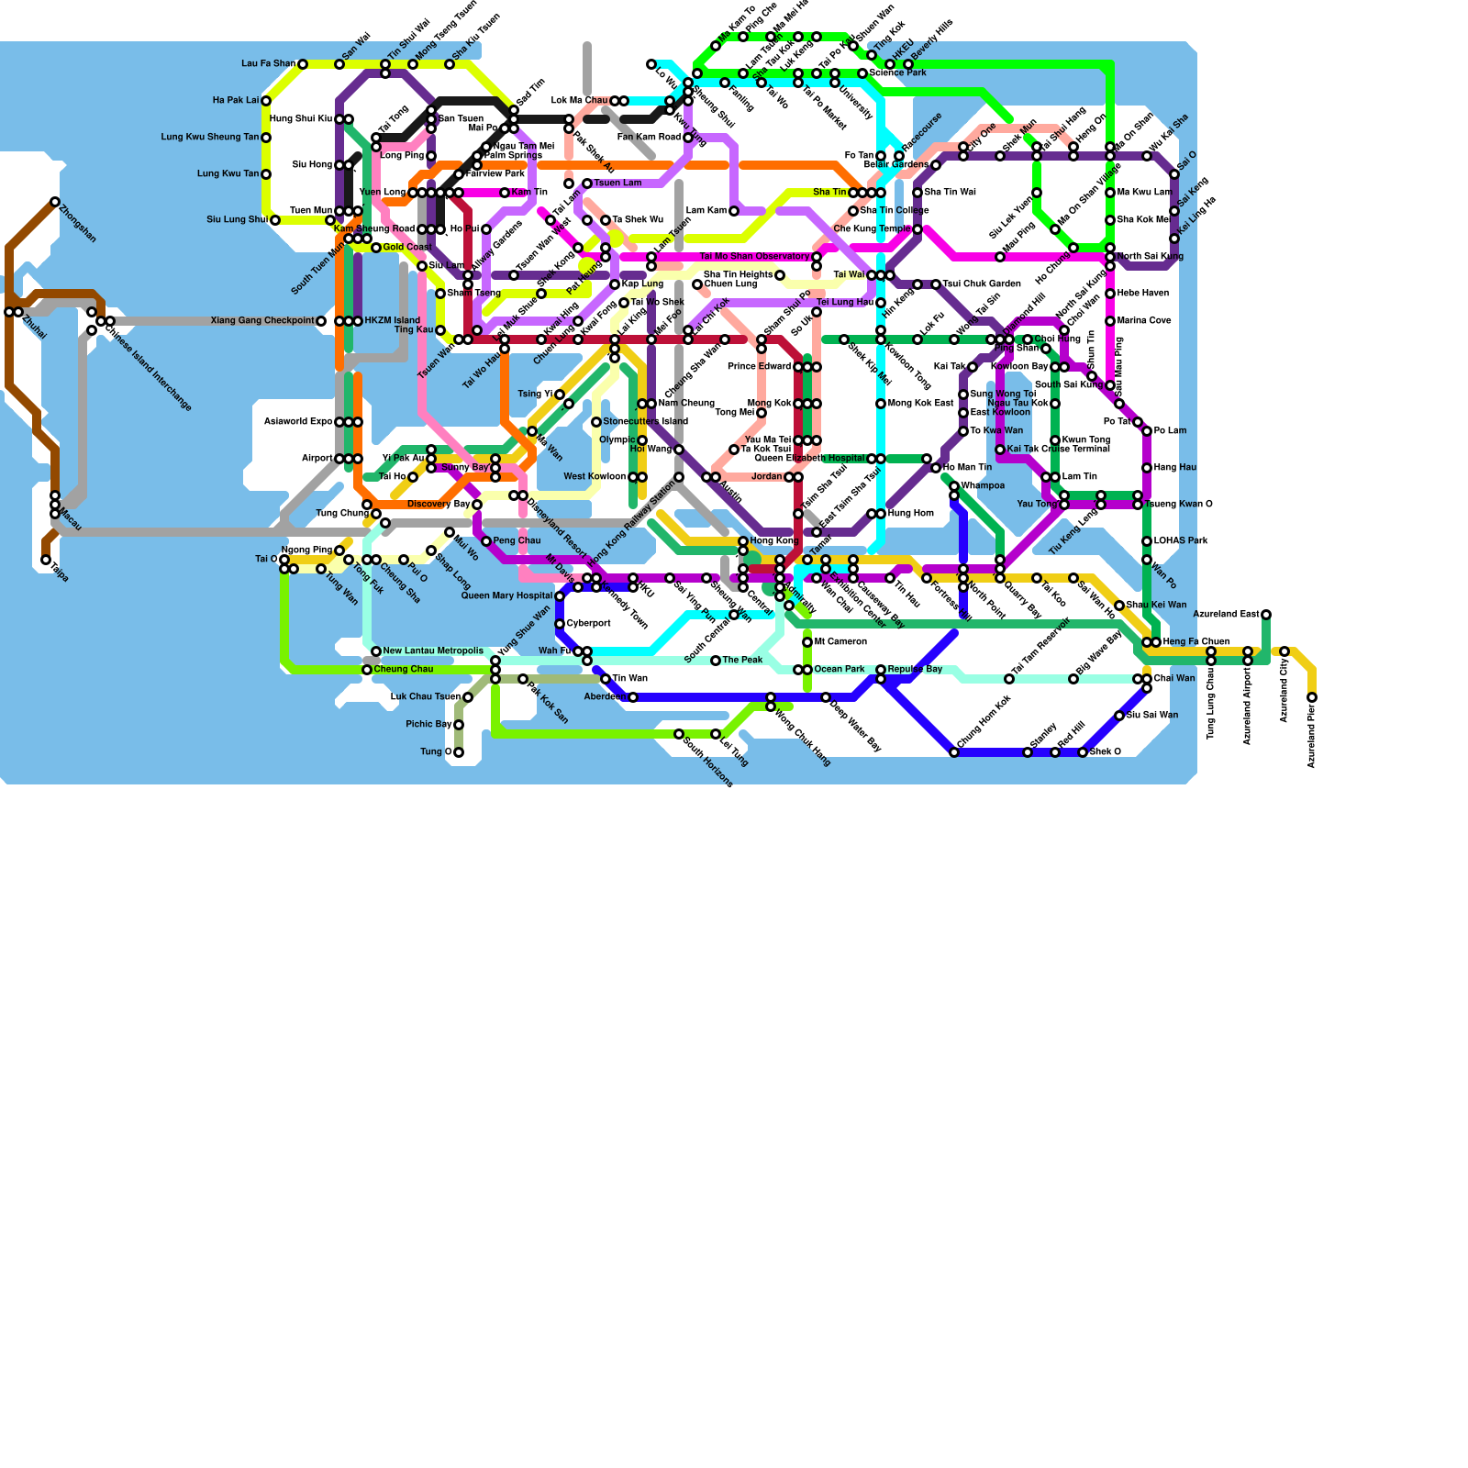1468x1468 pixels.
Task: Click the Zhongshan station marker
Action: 55,202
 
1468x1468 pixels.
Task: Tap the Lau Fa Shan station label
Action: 268,64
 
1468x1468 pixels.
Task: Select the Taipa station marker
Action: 46,560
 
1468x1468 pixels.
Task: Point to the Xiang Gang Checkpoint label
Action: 262,321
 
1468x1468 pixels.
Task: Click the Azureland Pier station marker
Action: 1312,697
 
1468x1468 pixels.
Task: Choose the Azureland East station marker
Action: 1266,615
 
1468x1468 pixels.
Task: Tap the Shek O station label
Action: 1106,752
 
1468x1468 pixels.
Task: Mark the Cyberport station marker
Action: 560,624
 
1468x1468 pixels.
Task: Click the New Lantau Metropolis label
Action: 433,651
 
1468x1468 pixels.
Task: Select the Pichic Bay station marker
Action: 459,725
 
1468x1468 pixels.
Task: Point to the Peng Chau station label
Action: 517,541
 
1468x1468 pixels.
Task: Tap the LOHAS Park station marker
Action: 1147,541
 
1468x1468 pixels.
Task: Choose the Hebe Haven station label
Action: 1143,294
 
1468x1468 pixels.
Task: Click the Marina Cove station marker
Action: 1110,321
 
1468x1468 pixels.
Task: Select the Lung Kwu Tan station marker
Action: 266,174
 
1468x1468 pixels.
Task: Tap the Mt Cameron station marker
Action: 807,642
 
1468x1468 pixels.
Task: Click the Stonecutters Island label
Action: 645,422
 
